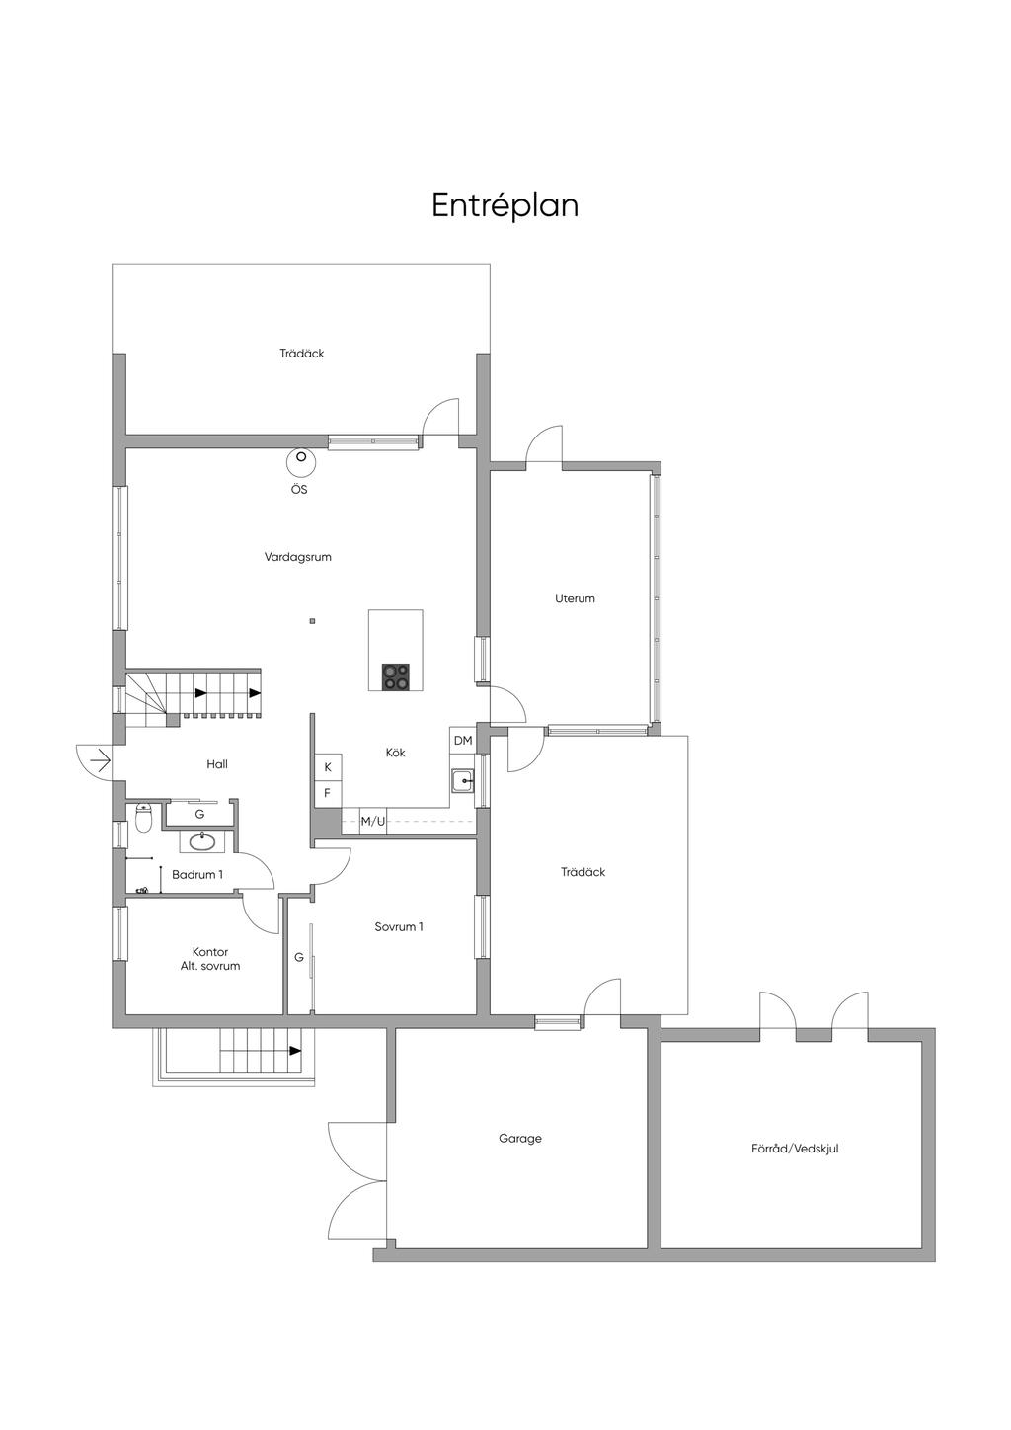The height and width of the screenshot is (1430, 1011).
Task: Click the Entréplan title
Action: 505,205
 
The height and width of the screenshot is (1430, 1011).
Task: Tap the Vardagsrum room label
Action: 297,557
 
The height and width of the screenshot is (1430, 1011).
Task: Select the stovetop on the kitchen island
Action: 396,676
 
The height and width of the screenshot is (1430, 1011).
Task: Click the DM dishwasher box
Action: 463,741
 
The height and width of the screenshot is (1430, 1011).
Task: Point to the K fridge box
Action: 328,767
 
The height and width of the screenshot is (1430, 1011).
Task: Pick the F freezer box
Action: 328,794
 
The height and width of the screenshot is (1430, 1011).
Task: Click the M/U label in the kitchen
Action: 373,821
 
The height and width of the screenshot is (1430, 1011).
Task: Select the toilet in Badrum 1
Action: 144,819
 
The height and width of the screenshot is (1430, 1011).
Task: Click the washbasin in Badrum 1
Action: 202,841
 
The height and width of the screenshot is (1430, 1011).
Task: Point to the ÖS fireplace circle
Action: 300,461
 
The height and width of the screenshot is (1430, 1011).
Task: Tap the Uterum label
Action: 575,598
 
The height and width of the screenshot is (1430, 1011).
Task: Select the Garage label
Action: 520,1138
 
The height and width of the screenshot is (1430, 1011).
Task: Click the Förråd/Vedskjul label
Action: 795,1148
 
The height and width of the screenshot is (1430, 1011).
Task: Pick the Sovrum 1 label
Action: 399,927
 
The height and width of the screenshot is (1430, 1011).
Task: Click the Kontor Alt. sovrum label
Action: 210,959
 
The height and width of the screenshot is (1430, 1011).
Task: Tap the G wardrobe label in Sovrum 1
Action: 299,958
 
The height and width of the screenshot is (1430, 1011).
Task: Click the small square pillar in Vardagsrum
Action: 312,620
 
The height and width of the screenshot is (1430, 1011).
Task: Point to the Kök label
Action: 396,753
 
